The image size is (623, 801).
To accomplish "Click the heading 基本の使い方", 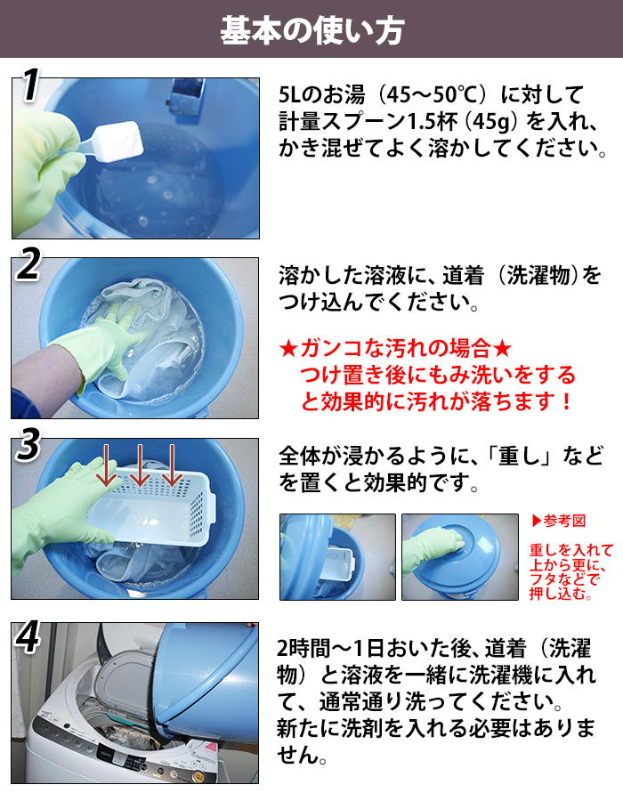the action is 312,30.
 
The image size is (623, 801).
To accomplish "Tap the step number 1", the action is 30,85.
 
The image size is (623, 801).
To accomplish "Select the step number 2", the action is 28,264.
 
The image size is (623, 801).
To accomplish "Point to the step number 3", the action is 28,444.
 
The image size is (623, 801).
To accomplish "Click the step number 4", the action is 28,637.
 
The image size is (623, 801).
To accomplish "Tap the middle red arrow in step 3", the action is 139,465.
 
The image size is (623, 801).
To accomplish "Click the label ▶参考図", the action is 558,521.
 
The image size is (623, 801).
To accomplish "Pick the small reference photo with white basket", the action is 337,557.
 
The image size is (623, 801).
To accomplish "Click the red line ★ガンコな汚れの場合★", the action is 395,348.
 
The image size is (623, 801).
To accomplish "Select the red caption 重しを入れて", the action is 570,550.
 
